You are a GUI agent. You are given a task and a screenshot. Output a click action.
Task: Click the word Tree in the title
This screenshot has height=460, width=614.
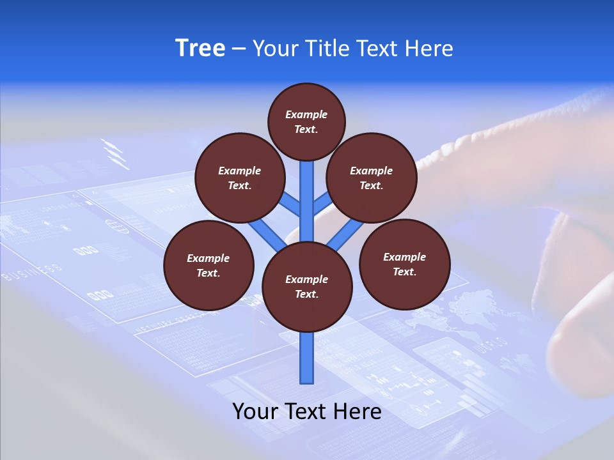point(200,49)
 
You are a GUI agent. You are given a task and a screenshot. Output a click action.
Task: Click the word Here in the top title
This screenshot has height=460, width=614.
point(428,49)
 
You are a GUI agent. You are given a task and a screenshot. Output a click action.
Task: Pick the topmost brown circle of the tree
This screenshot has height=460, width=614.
point(306,121)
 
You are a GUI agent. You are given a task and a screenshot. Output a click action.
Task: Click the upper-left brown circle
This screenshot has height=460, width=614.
point(239,178)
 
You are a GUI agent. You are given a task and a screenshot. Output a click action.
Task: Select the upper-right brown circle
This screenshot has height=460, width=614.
point(372,178)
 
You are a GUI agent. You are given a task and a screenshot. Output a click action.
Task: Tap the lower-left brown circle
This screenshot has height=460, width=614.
point(209,265)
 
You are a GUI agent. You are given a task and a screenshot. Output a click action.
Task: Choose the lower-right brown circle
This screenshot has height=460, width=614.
point(404,264)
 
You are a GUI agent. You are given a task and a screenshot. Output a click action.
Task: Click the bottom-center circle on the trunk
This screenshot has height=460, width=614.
point(307,287)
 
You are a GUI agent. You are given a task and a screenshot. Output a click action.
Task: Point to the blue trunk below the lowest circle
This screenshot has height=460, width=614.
point(307,358)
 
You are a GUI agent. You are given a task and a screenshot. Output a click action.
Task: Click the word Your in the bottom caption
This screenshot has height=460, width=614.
point(255,411)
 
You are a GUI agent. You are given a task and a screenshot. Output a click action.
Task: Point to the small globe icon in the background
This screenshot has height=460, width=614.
point(115,226)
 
